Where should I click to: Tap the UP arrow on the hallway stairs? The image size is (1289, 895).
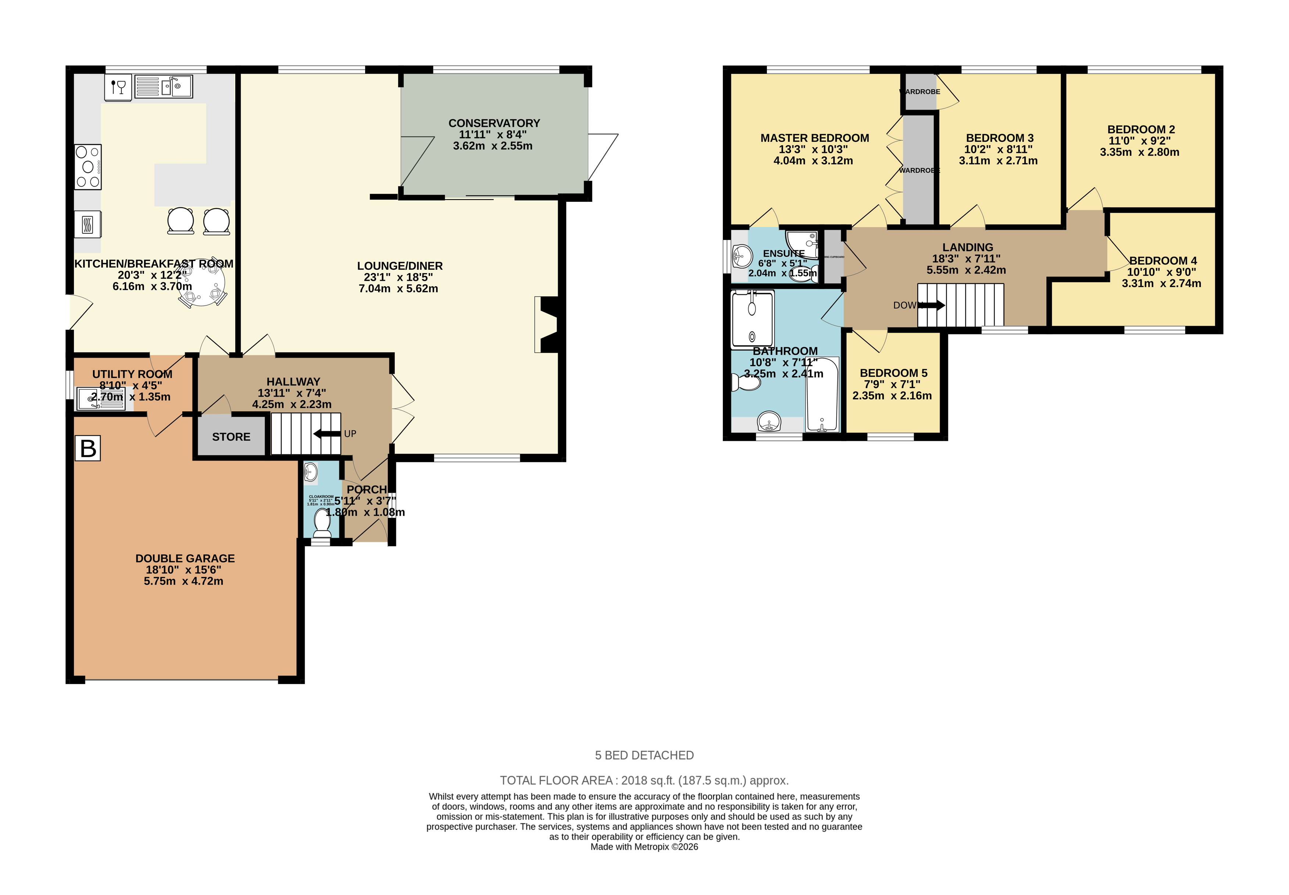pyautogui.click(x=327, y=433)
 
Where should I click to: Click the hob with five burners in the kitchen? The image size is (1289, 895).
pyautogui.click(x=88, y=167)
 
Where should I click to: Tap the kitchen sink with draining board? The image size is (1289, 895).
pyautogui.click(x=164, y=87)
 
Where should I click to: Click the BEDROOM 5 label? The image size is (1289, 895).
pyautogui.click(x=893, y=373)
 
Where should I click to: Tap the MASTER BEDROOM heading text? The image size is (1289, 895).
pyautogui.click(x=814, y=138)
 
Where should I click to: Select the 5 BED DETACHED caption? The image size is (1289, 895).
pyautogui.click(x=644, y=755)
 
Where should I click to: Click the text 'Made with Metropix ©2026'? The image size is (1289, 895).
pyautogui.click(x=644, y=847)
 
